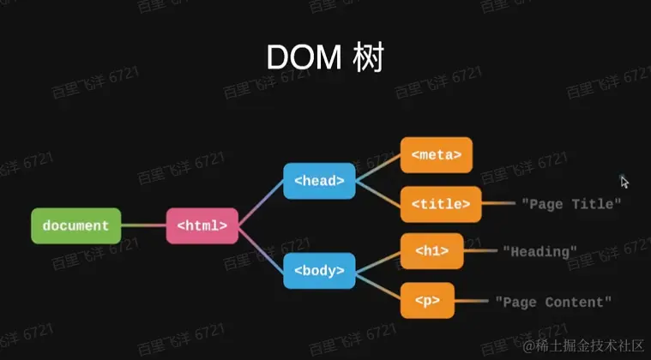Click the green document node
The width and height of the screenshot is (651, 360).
coord(75,225)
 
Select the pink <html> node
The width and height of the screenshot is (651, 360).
coord(202,225)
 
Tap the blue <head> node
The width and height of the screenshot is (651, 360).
coord(319,181)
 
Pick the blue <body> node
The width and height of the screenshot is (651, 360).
coord(319,271)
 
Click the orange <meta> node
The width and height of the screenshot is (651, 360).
coord(436,155)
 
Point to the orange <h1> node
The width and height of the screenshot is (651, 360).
coord(431,251)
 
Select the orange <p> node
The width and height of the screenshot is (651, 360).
coord(427,301)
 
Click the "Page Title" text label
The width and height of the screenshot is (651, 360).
coord(570,204)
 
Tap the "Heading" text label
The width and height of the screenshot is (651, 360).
coord(539,251)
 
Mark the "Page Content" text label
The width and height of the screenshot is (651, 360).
coord(553,301)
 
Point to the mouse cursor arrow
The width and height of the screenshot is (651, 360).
coord(624,182)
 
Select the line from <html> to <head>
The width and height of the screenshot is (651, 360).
coord(260,204)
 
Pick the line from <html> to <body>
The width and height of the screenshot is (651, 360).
coord(260,249)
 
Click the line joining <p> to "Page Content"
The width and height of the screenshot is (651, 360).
coord(470,301)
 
